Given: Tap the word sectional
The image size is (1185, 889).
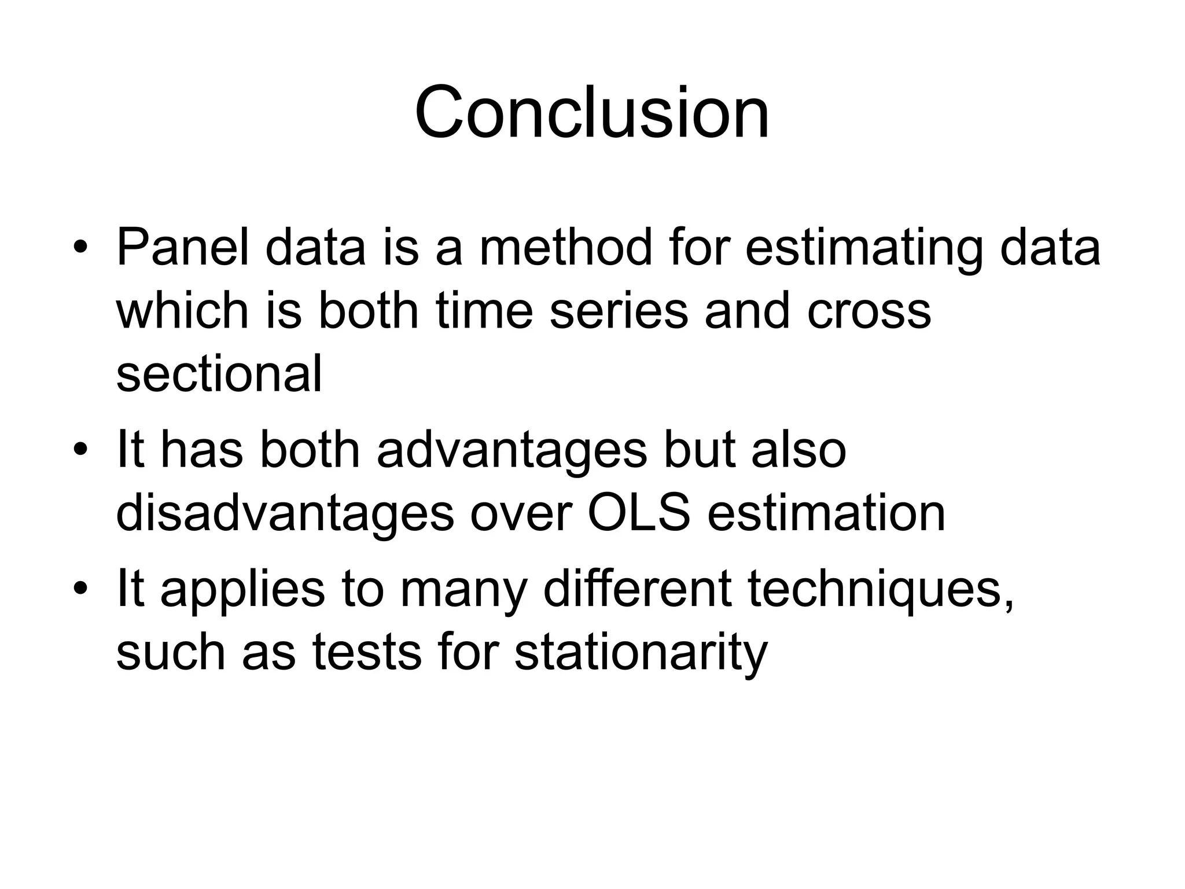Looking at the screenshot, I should click(x=219, y=373).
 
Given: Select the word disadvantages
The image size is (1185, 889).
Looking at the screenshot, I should click(x=285, y=513).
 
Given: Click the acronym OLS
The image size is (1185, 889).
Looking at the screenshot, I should click(x=639, y=513).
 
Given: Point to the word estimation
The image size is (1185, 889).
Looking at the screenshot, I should click(x=826, y=513).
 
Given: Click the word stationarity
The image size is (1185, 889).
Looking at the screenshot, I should click(x=641, y=653).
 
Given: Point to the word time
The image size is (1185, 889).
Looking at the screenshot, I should click(x=484, y=310).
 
